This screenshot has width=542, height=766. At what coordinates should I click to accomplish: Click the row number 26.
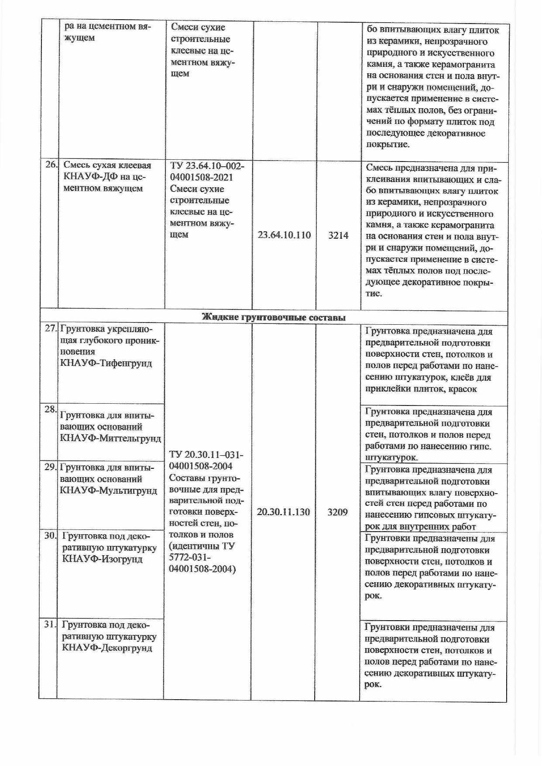[51, 165]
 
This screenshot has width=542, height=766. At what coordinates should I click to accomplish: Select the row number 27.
[51, 328]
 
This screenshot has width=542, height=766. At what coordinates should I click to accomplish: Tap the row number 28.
[50, 409]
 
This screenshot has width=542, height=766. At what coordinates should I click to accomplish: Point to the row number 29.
[50, 467]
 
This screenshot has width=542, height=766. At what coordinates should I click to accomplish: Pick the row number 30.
[50, 535]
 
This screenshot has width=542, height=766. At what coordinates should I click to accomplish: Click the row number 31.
[50, 625]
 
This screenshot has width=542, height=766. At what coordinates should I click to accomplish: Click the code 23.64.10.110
[284, 235]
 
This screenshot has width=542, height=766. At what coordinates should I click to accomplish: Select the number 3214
[338, 236]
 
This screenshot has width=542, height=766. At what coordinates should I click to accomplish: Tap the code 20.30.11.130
[283, 512]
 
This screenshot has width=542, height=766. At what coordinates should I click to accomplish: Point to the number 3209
[337, 512]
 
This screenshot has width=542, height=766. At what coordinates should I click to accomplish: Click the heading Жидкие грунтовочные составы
[274, 318]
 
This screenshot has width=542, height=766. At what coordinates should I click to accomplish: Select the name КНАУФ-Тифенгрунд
[106, 363]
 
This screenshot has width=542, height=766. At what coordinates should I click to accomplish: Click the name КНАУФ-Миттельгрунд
[110, 439]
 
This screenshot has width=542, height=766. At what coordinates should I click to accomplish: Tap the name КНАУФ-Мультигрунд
[108, 490]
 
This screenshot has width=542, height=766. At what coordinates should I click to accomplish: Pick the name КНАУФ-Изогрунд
[102, 559]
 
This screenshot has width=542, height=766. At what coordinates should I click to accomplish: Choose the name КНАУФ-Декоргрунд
[107, 648]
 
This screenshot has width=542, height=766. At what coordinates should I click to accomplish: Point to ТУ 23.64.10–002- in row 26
[207, 166]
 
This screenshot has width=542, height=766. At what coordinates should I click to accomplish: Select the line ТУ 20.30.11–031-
[206, 455]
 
